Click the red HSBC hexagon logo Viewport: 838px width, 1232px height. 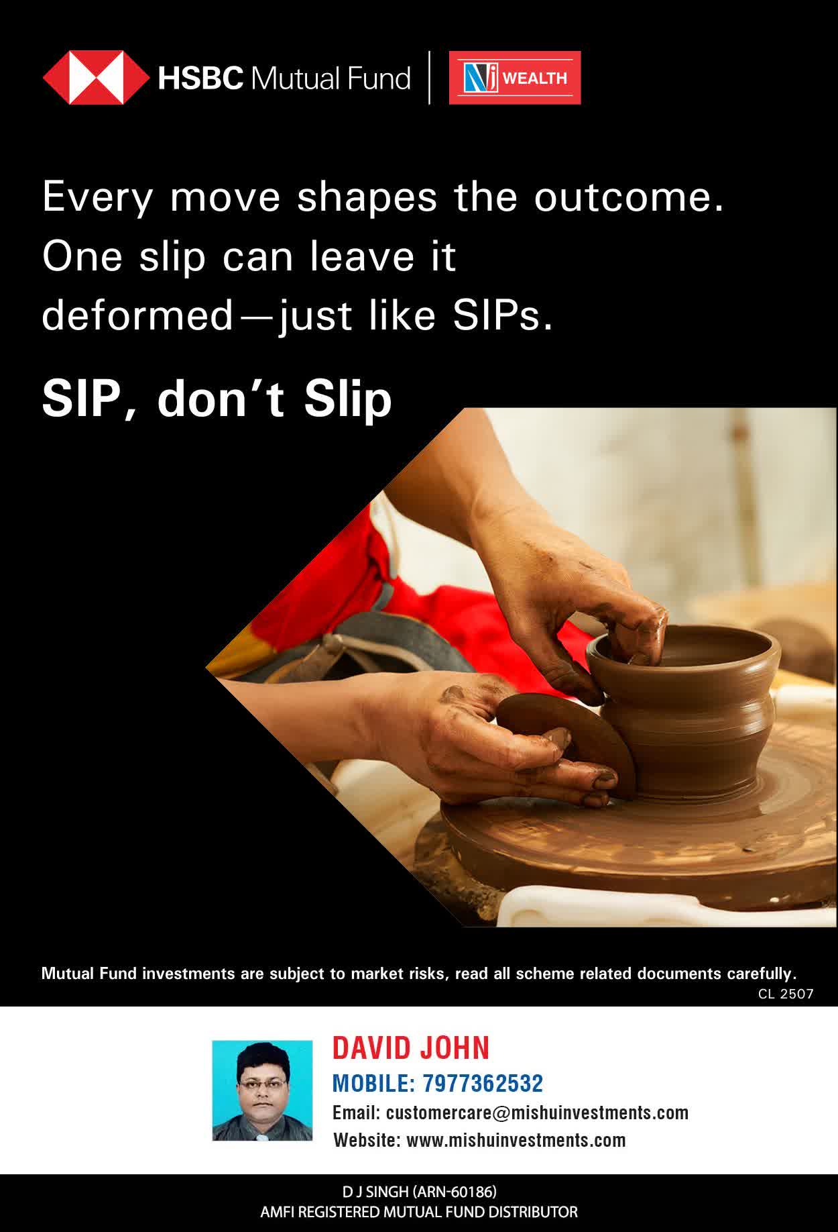(x=97, y=78)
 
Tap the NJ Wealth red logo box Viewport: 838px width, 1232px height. (x=515, y=78)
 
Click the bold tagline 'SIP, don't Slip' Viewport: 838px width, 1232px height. (x=217, y=399)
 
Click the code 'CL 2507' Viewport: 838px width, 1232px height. (x=786, y=994)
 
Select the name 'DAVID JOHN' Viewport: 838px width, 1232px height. (x=411, y=1047)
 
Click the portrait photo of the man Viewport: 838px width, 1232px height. (x=262, y=1090)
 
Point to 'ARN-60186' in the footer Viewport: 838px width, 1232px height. (x=455, y=1192)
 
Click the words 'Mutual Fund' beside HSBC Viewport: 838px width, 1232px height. (x=331, y=79)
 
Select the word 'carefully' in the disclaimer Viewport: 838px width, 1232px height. (x=758, y=974)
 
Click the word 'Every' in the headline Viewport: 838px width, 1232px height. (x=97, y=199)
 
